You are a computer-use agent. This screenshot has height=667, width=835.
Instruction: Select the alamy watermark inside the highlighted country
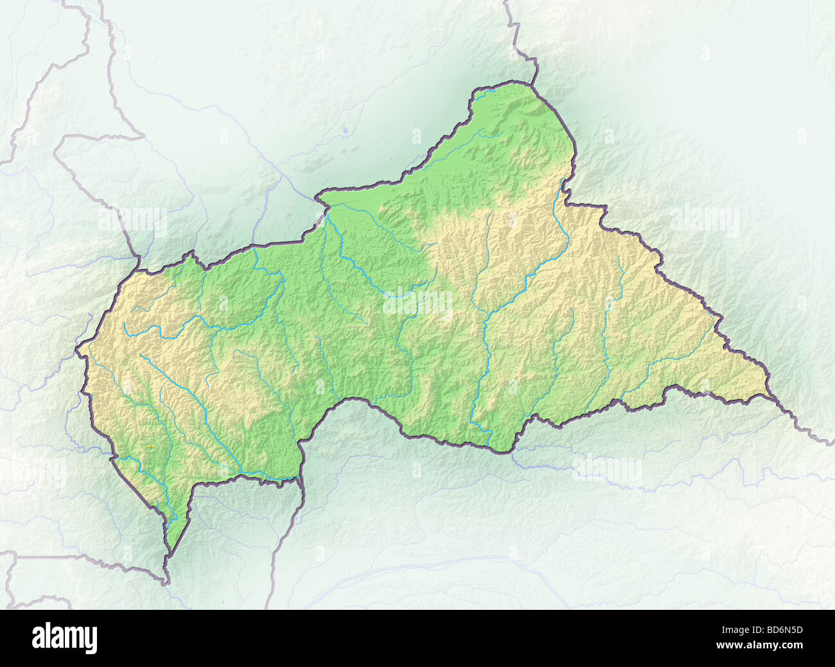(x=418, y=302)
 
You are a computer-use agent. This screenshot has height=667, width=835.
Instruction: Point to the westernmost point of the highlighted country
(x=76, y=351)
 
